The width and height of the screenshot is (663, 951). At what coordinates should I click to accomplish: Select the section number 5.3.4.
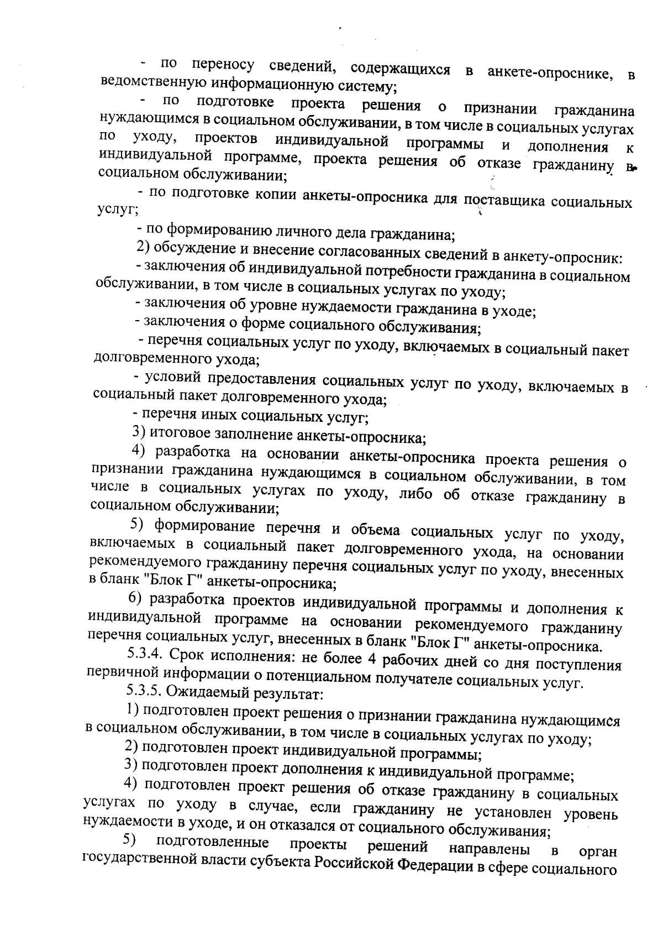pyautogui.click(x=145, y=655)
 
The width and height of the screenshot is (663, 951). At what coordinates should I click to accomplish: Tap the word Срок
pyautogui.click(x=188, y=656)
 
